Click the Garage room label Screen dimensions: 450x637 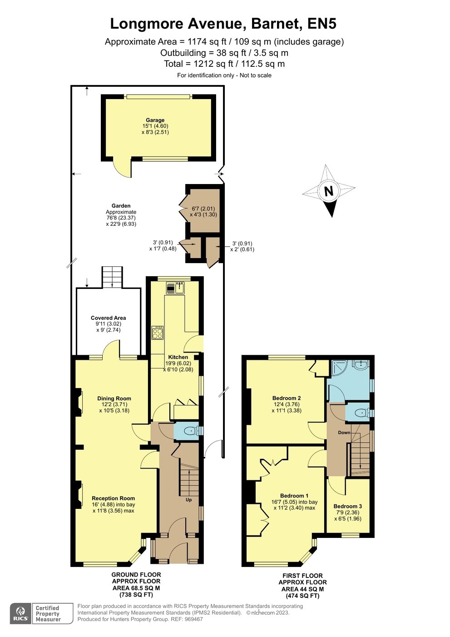[155, 120]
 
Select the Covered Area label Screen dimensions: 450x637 [108, 318]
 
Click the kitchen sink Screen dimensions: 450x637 [175, 288]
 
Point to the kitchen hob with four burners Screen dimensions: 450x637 [158, 333]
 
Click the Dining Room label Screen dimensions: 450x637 [114, 398]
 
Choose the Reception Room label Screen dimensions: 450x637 [113, 498]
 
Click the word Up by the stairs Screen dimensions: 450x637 [188, 500]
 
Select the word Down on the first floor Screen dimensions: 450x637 [344, 433]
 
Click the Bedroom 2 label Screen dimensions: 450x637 [286, 398]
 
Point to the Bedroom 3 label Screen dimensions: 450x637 [348, 506]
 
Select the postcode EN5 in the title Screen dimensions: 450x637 [322, 24]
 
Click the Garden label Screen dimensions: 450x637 [121, 206]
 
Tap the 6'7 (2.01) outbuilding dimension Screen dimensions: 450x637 [203, 209]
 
